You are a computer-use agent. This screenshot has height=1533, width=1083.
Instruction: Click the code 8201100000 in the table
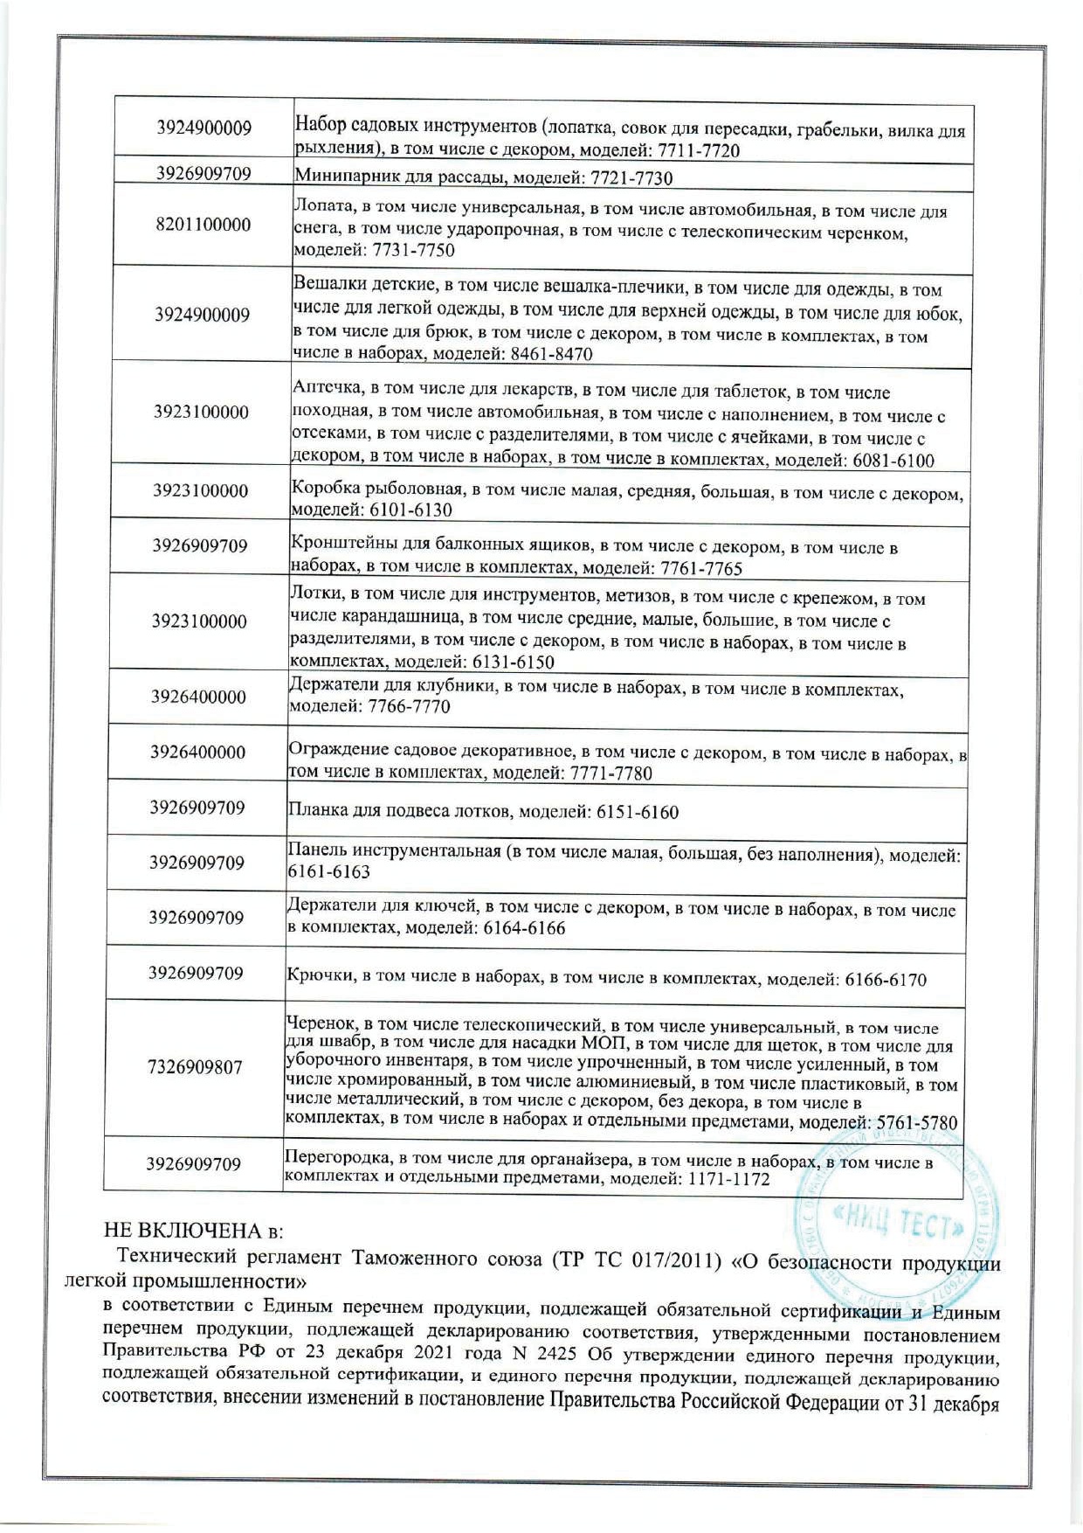pos(203,225)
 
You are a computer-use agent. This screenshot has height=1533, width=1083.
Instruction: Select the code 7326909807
pos(195,1067)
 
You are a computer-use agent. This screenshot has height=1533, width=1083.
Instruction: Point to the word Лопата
pos(321,210)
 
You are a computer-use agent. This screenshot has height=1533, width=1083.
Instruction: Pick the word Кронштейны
pos(341,546)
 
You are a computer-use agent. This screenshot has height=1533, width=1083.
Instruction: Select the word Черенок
pos(318,1025)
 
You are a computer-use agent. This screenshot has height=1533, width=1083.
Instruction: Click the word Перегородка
pos(336,1160)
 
